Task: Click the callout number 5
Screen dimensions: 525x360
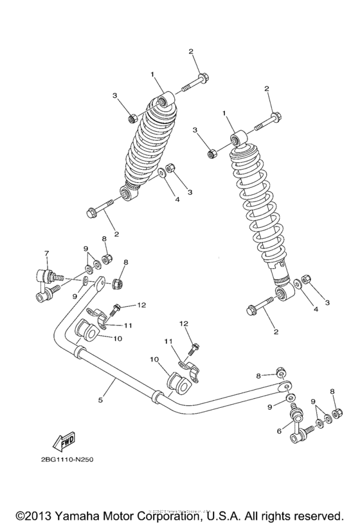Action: click(x=100, y=400)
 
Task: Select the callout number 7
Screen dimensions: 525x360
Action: click(x=46, y=252)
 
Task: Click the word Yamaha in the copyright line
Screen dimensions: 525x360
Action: click(x=80, y=515)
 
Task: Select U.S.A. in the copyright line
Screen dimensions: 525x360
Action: click(x=228, y=515)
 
